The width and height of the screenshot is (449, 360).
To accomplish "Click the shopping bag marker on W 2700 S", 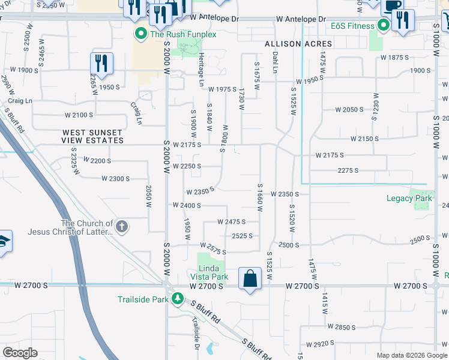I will [x=250, y=278].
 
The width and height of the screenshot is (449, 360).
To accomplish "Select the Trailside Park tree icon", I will [x=177, y=298].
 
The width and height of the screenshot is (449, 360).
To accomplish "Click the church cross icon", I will [x=121, y=226].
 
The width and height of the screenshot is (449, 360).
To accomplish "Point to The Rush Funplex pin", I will [x=141, y=34].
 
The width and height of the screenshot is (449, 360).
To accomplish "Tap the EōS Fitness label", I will [x=352, y=26].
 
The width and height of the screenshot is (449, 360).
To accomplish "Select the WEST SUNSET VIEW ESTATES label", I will [x=93, y=136].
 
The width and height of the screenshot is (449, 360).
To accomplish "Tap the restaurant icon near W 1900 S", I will [x=101, y=63].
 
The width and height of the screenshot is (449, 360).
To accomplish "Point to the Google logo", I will [x=20, y=353].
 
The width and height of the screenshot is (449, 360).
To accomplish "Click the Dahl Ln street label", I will [x=276, y=62].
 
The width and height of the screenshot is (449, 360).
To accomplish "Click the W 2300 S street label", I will [x=116, y=179].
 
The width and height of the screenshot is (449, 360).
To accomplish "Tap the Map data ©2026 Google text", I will [x=412, y=355].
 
